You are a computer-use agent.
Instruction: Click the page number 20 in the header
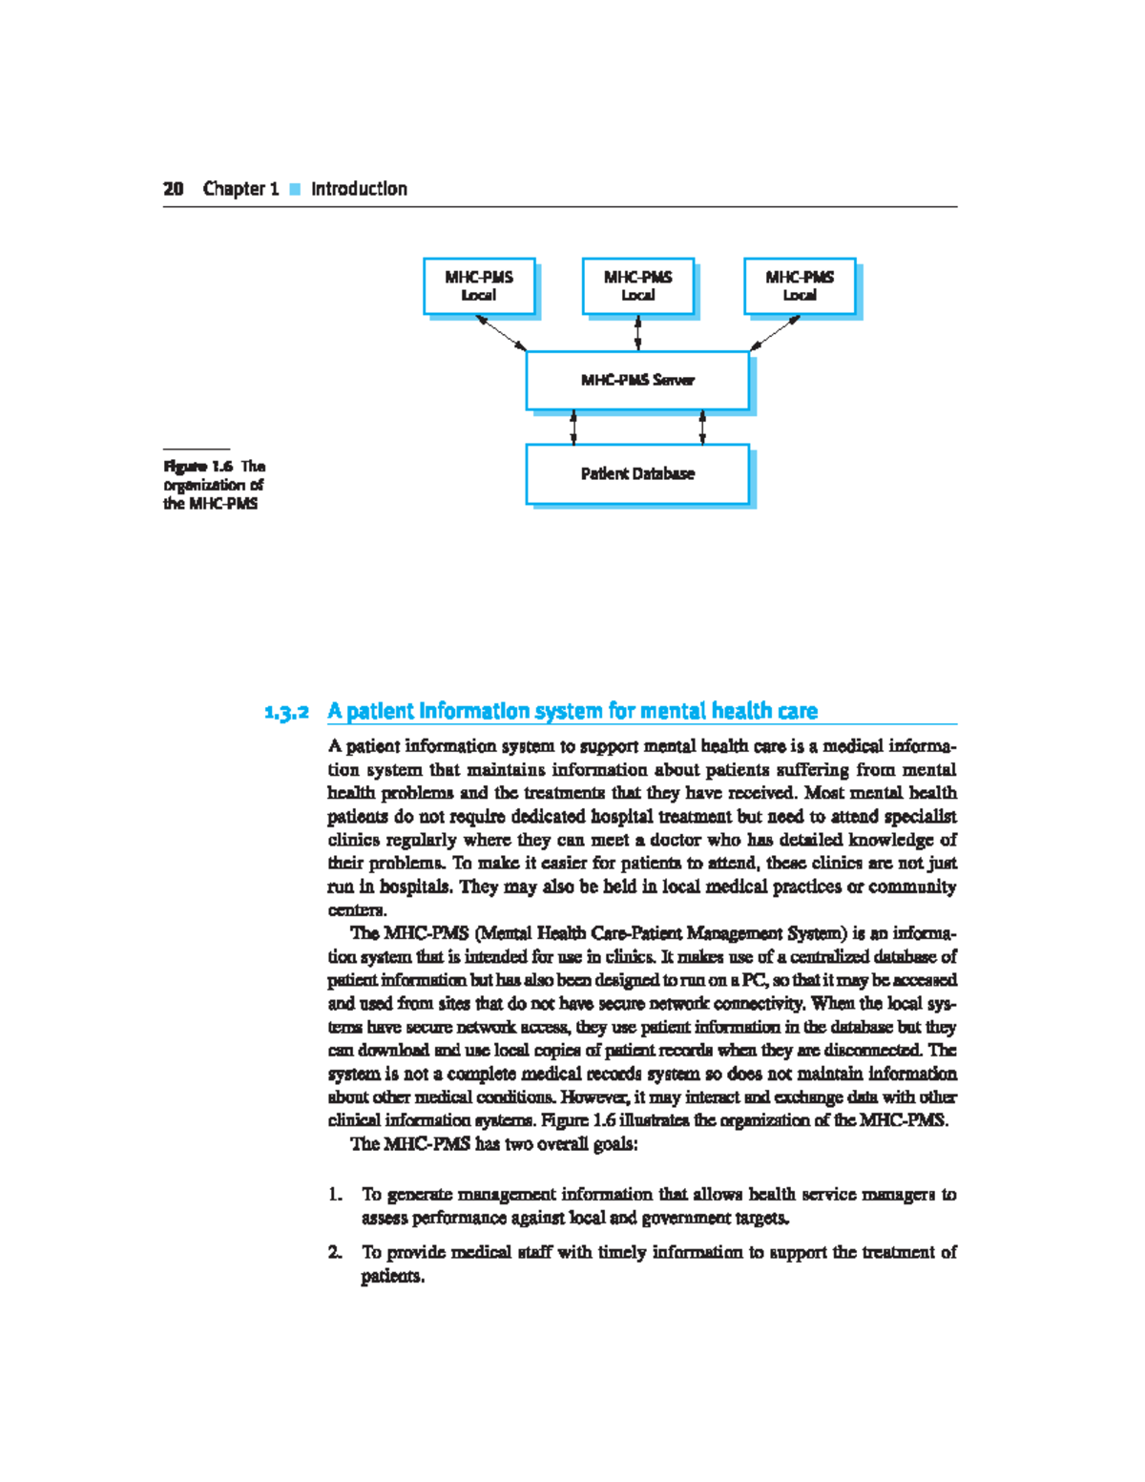tap(173, 189)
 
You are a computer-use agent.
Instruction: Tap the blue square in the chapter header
tap(295, 189)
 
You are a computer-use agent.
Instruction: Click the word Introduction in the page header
tap(359, 189)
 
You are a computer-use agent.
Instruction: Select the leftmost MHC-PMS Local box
tap(479, 286)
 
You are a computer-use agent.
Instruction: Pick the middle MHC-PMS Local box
tap(637, 286)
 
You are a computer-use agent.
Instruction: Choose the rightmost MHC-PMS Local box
tap(800, 286)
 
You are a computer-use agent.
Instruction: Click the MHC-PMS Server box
tap(637, 380)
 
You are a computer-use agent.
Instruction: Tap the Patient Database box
tap(637, 473)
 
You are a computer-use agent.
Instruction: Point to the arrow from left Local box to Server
tap(502, 333)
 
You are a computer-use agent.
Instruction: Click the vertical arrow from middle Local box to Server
tap(637, 333)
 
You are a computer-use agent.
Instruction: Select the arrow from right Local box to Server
tap(775, 333)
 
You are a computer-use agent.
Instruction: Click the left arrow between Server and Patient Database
tap(573, 428)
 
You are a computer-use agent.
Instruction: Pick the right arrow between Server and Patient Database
tap(702, 428)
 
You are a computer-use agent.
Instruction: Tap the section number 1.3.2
tap(287, 712)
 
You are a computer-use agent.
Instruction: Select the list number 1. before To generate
tap(335, 1195)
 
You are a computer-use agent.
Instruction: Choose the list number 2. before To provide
tap(335, 1253)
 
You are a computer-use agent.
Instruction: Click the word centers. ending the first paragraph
tap(357, 910)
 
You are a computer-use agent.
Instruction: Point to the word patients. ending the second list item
tap(392, 1277)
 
